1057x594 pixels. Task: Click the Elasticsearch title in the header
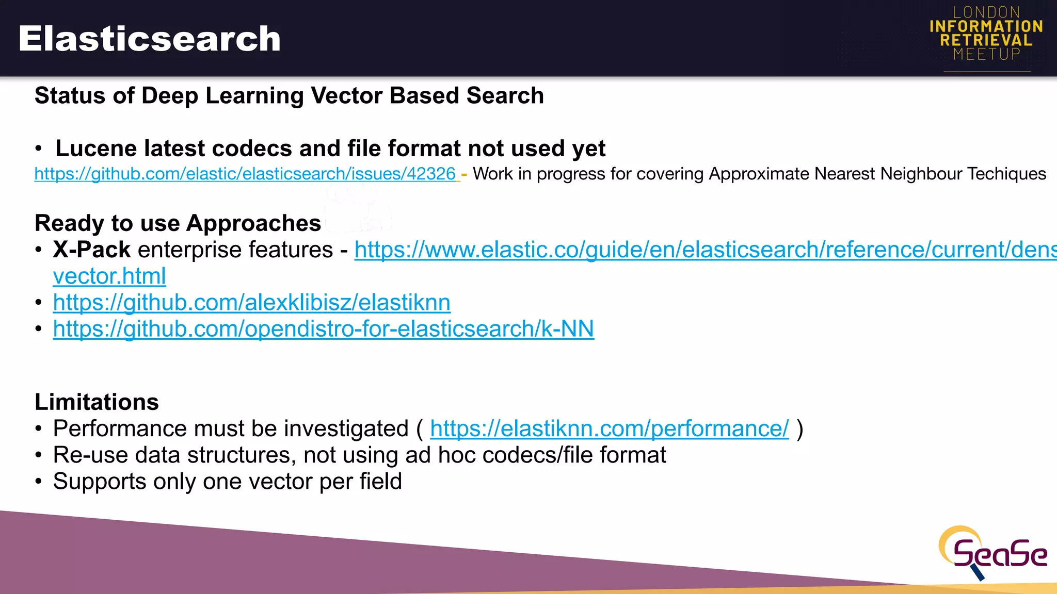point(149,39)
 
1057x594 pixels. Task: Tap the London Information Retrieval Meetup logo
point(986,34)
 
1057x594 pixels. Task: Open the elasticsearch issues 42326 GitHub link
point(245,174)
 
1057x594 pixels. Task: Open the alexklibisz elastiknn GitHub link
point(251,303)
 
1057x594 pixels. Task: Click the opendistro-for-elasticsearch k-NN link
point(323,329)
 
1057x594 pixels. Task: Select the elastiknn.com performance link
point(609,428)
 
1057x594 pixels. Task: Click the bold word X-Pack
point(91,250)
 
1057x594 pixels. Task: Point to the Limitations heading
point(97,402)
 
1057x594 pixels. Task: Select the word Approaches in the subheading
point(253,223)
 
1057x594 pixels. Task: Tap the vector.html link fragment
point(109,276)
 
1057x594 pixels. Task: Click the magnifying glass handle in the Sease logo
point(977,572)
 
